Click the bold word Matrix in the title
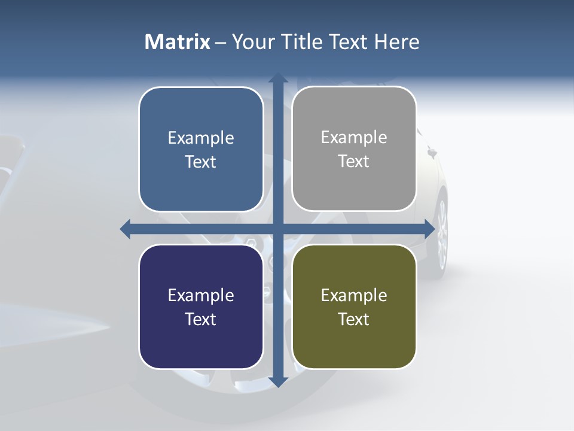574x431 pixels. tap(178, 42)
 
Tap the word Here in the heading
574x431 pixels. tap(396, 42)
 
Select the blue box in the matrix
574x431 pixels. tap(201, 149)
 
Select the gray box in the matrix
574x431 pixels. tap(354, 149)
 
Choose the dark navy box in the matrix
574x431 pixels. tap(201, 306)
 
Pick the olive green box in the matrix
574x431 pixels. tap(354, 306)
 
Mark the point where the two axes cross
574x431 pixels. tap(277, 229)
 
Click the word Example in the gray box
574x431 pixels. tap(354, 137)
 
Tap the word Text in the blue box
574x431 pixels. tap(201, 162)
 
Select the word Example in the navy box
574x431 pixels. tap(201, 295)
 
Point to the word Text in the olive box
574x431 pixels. tap(354, 319)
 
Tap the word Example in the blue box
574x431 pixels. tap(201, 138)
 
